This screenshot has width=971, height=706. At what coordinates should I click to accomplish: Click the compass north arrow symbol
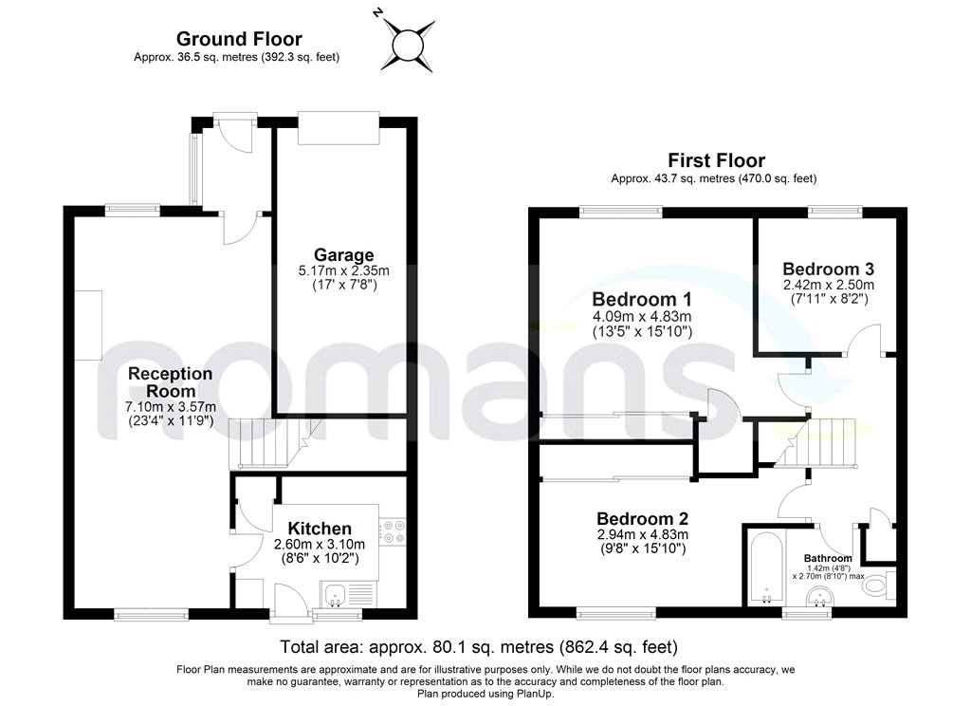pos(408,43)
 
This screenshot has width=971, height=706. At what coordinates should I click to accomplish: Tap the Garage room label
pos(344,254)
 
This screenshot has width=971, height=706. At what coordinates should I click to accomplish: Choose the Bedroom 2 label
pos(642,519)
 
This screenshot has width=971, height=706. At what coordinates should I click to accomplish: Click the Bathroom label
pos(828,558)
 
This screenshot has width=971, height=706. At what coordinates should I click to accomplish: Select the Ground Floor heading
pos(239,39)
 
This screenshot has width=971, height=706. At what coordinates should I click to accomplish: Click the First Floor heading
pos(716,160)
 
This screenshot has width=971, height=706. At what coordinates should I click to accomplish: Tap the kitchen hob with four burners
pos(393,532)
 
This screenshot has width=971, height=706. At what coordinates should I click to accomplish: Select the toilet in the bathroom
pos(877,585)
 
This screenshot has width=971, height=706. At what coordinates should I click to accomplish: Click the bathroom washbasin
pos(816,596)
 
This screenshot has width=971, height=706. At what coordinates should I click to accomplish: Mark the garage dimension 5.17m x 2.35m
pos(343,270)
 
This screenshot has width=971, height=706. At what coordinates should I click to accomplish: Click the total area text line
pos(479,648)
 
